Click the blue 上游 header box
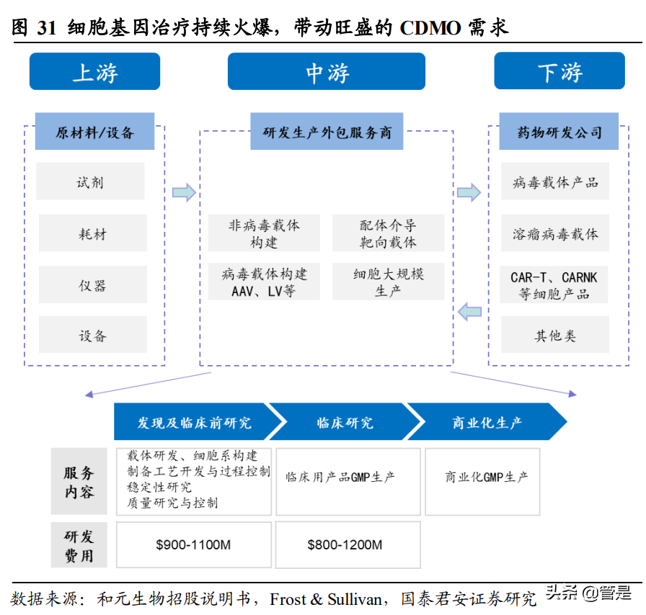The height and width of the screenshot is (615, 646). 94,72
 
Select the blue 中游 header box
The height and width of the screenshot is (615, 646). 327,72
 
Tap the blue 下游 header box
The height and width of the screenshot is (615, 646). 559,72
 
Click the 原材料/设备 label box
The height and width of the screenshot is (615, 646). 94,132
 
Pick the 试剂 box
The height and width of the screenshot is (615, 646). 91,181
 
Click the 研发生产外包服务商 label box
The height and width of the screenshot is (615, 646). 327,132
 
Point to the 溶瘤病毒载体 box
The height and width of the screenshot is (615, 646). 555,233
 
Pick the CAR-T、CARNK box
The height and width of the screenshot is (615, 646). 554,285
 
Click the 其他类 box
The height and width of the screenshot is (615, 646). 555,336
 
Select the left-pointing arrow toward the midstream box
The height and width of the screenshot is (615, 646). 469,312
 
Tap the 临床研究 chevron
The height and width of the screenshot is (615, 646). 344,423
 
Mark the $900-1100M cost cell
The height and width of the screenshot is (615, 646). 193,544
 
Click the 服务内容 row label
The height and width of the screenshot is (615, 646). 79,483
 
